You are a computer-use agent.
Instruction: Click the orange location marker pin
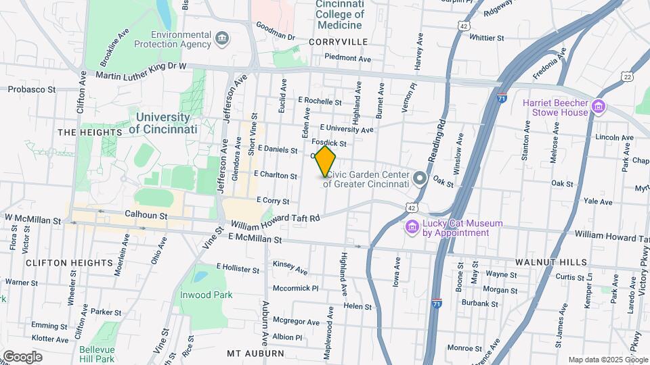(x=326, y=161)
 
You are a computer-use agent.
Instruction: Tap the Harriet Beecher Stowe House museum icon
(x=598, y=107)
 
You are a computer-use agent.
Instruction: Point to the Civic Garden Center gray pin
(x=420, y=178)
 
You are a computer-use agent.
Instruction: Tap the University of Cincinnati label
(x=162, y=122)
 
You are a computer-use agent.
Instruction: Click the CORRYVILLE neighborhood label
(x=337, y=42)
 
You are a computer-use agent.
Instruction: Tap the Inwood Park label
(x=206, y=295)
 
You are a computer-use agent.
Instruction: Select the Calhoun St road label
(x=146, y=215)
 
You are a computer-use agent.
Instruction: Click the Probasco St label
(x=32, y=89)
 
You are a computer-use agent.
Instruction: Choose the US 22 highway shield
(x=628, y=77)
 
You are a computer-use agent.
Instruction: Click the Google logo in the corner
(x=22, y=357)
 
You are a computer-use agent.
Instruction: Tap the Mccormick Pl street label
(x=295, y=288)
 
